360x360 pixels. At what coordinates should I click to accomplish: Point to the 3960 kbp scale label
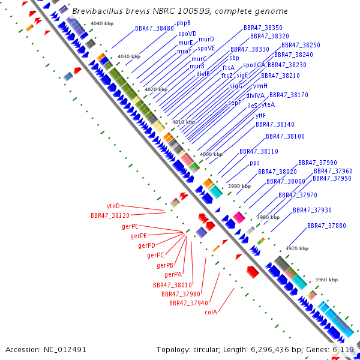coord(326,280)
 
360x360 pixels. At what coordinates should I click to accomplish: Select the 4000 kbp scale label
coord(211,154)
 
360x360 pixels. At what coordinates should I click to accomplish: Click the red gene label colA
coord(211,312)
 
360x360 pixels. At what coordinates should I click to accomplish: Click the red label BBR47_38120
coord(110,215)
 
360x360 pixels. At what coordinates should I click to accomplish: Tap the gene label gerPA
coord(173,274)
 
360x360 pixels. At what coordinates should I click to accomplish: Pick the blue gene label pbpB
coord(184,23)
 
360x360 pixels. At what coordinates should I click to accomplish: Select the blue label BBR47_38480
coord(154,28)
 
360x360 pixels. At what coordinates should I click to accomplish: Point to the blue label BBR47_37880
coord(326,226)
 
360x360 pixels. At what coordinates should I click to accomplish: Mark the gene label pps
coord(255,163)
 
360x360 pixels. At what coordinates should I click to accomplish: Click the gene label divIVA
coord(256,95)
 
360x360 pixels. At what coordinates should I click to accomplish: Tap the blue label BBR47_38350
coord(263,28)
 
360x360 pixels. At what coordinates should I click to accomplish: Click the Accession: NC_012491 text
coord(46,349)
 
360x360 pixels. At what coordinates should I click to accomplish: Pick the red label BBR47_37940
coord(188,303)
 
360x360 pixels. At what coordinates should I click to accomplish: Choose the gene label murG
coord(199,59)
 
